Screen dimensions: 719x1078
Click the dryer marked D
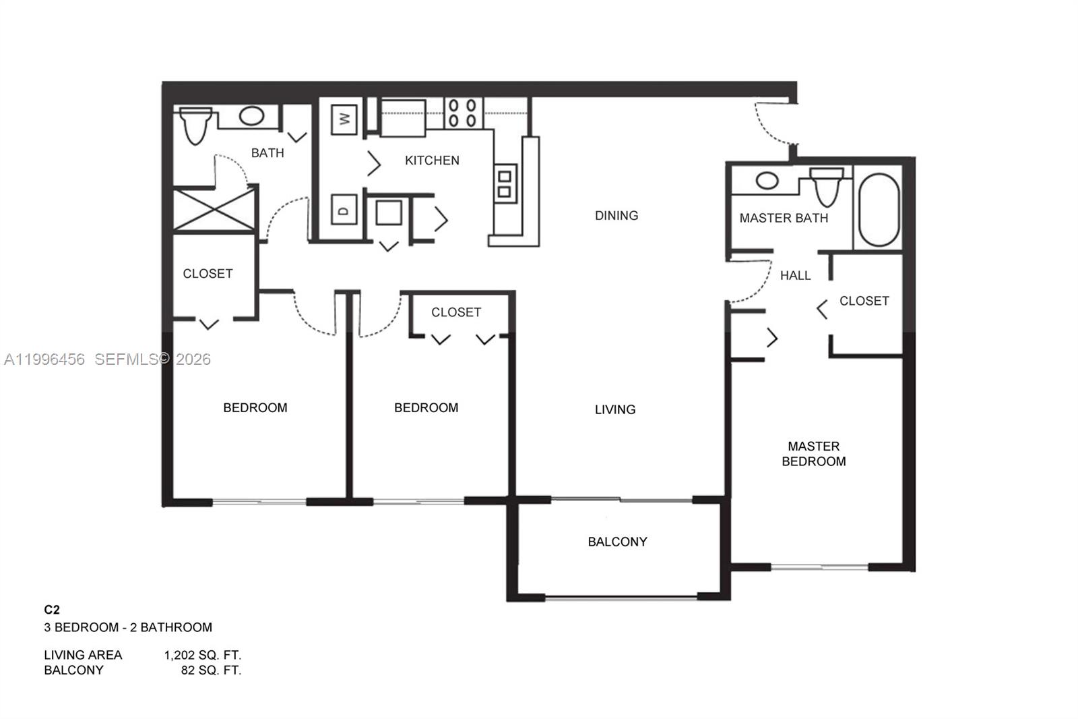click(344, 210)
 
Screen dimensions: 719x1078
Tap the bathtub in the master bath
click(879, 209)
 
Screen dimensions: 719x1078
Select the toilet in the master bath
click(827, 186)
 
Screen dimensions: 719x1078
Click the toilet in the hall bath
click(195, 125)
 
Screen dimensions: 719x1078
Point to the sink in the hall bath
click(251, 116)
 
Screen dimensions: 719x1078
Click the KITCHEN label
click(432, 161)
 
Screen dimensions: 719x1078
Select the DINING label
click(616, 216)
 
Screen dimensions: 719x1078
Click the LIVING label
click(614, 409)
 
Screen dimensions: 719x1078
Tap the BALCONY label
click(617, 542)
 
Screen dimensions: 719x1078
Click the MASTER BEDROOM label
click(813, 454)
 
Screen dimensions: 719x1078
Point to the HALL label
click(795, 275)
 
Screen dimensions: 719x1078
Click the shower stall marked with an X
click(214, 210)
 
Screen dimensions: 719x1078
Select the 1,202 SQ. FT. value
click(203, 655)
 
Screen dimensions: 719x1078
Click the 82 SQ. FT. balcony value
click(211, 670)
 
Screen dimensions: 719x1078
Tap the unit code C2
click(52, 610)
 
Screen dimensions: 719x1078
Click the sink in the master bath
click(767, 181)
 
